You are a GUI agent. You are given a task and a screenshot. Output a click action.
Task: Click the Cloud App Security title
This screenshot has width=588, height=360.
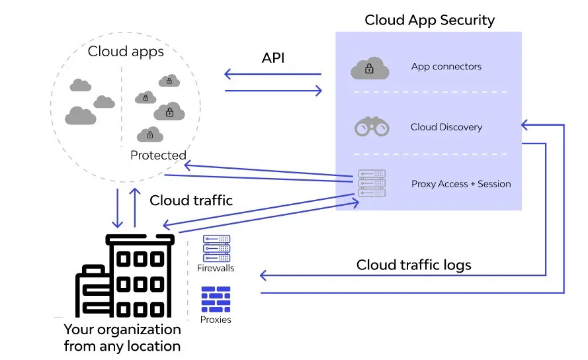pyautogui.click(x=429, y=21)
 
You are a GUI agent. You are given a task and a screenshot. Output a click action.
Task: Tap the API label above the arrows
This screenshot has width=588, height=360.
pyautogui.click(x=273, y=58)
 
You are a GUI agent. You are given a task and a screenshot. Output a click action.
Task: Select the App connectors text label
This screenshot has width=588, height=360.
pyautogui.click(x=446, y=66)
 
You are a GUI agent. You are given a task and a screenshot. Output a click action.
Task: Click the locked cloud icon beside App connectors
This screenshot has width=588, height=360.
pyautogui.click(x=370, y=68)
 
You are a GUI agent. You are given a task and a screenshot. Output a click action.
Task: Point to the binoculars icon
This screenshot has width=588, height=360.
pyautogui.click(x=372, y=126)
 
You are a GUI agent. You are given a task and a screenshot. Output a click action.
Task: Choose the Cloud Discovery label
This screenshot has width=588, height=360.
pyautogui.click(x=446, y=127)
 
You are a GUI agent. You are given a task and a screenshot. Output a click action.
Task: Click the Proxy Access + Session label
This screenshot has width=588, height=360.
pyautogui.click(x=461, y=184)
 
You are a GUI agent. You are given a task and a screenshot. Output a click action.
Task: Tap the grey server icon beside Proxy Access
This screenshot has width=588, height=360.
pyautogui.click(x=372, y=183)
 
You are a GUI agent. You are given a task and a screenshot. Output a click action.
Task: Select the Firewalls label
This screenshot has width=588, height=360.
pyautogui.click(x=216, y=268)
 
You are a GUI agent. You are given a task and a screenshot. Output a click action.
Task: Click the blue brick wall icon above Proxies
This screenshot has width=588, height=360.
pyautogui.click(x=216, y=299)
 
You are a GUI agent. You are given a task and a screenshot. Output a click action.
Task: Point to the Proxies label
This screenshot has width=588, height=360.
pyautogui.click(x=216, y=320)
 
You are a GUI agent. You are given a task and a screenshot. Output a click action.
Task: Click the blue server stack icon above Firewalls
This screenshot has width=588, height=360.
pyautogui.click(x=216, y=248)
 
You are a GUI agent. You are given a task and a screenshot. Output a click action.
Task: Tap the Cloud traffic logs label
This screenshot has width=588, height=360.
pyautogui.click(x=413, y=265)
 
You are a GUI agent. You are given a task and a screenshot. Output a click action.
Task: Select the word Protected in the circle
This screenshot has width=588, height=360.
pyautogui.click(x=158, y=155)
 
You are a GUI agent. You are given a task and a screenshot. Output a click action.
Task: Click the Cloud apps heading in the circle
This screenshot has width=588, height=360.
pyautogui.click(x=126, y=52)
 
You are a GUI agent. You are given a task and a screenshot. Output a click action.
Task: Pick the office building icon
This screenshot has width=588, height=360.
pyautogui.click(x=125, y=276)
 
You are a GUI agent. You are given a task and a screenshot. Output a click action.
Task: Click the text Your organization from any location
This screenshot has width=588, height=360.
pyautogui.click(x=122, y=337)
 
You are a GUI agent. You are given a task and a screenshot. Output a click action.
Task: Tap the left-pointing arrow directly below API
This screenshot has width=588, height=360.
pyautogui.click(x=273, y=74)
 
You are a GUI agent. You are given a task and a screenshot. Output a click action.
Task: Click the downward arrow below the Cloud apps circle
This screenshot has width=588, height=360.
pyautogui.click(x=117, y=208)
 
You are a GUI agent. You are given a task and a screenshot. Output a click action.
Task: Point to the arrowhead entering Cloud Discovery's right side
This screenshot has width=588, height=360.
pyautogui.click(x=525, y=124)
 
